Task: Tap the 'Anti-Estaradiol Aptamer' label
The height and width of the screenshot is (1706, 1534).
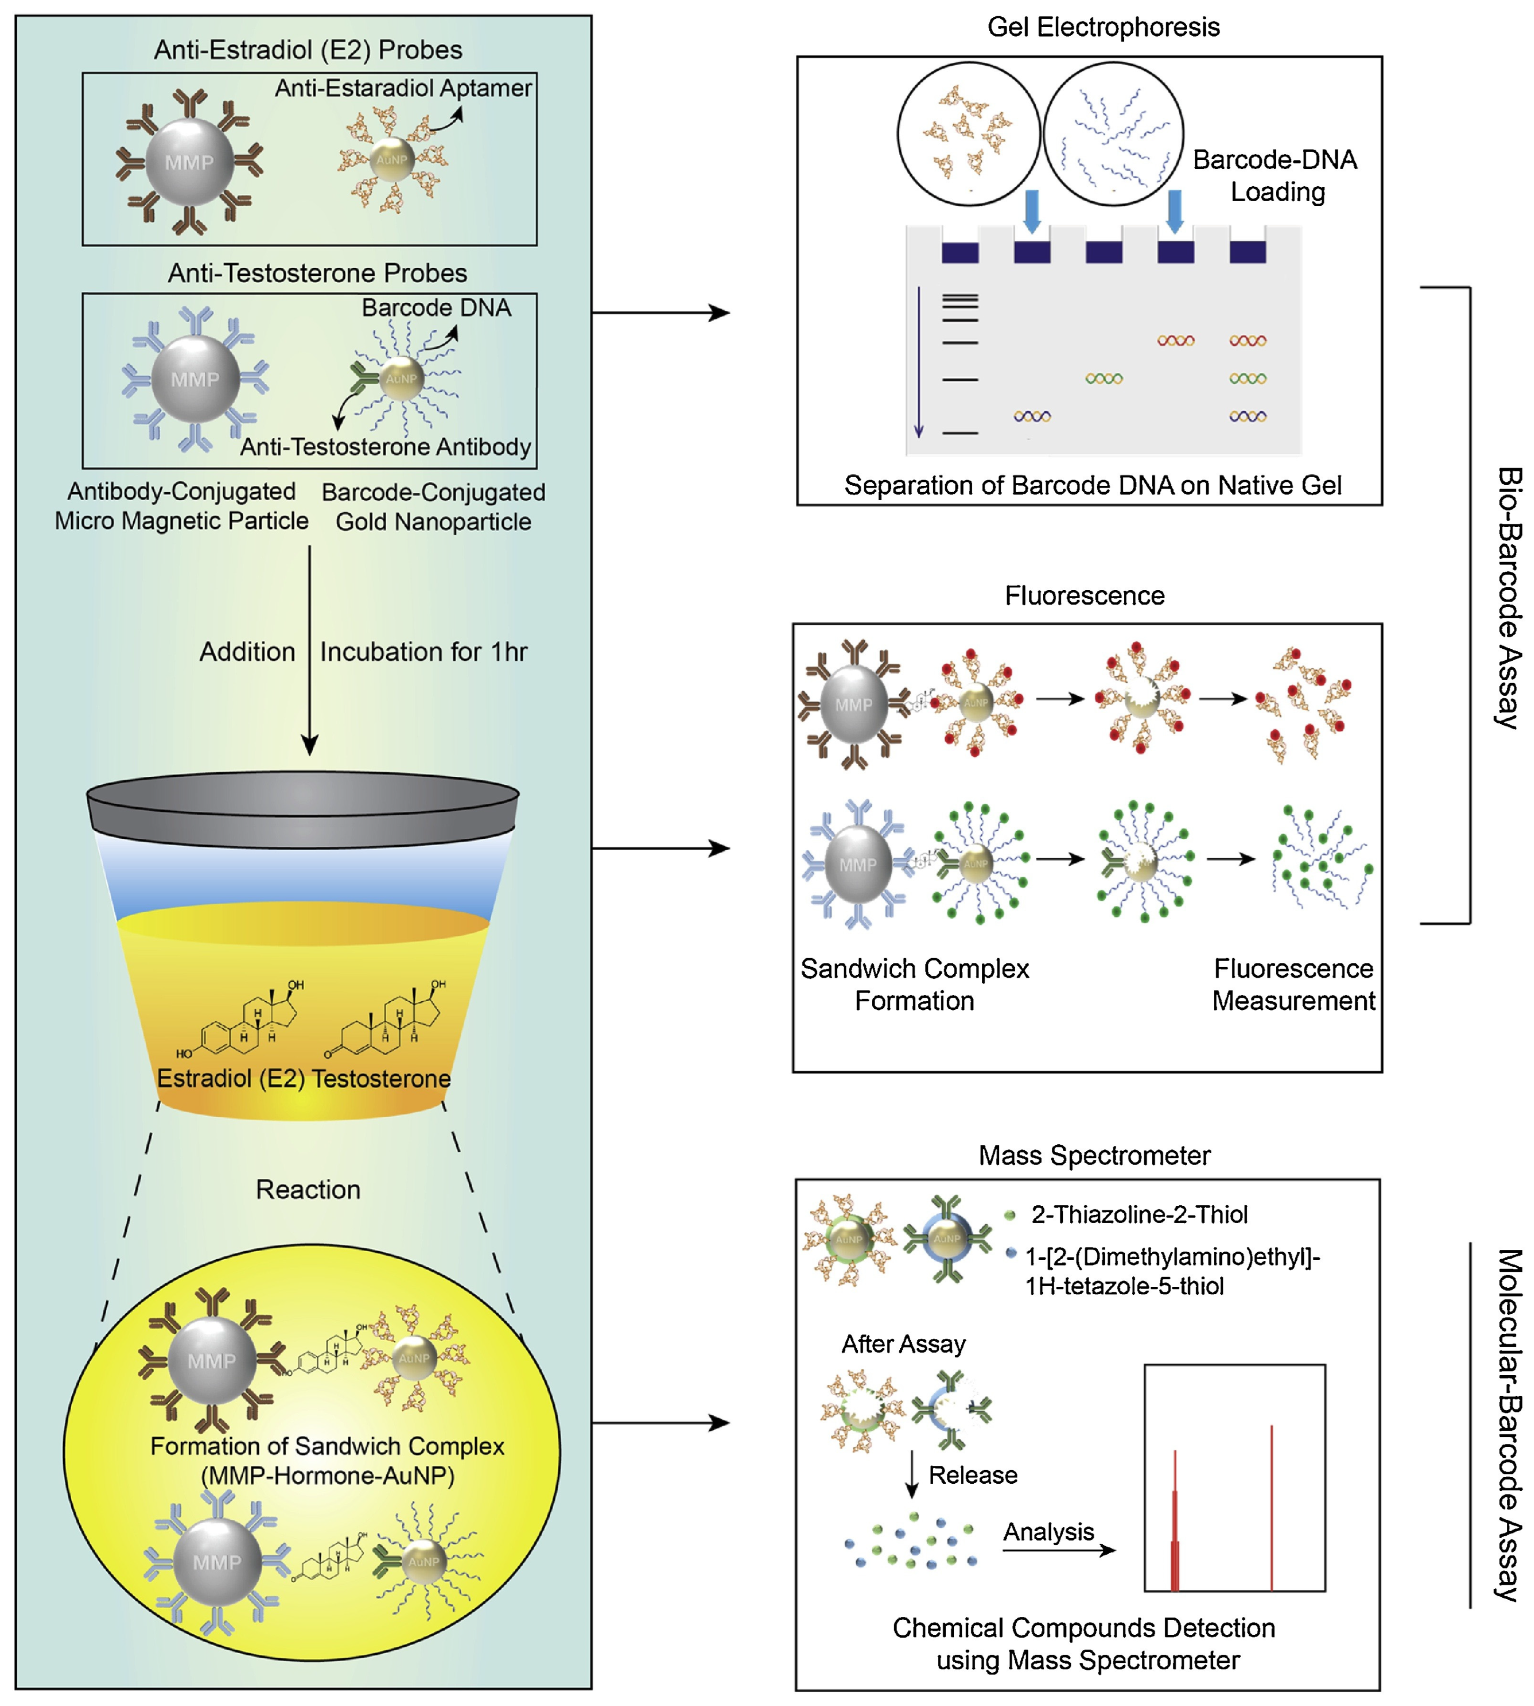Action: (x=403, y=88)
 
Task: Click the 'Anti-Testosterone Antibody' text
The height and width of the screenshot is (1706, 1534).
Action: (x=385, y=447)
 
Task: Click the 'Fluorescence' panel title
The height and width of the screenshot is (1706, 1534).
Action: (x=1084, y=596)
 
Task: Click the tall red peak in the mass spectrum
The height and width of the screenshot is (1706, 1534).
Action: (x=1271, y=1509)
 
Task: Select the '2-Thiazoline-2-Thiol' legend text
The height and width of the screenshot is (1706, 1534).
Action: (x=1139, y=1215)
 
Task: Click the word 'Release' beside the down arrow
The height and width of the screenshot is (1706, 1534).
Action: (x=973, y=1474)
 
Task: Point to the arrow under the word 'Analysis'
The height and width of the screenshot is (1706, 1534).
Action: (x=1059, y=1550)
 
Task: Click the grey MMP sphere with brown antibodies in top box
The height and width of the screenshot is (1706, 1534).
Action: (x=190, y=163)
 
